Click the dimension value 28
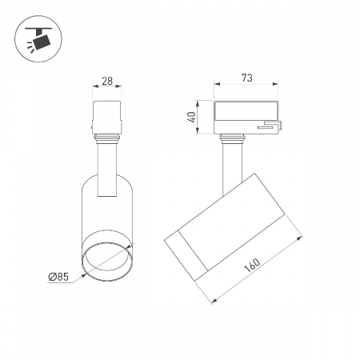[107, 81]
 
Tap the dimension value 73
[247, 78]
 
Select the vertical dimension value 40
[192, 117]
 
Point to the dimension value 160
[252, 265]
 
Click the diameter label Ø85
[58, 277]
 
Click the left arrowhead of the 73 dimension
[217, 84]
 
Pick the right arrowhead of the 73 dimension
[275, 84]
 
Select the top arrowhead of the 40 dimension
[197, 104]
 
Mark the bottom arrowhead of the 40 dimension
[197, 130]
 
